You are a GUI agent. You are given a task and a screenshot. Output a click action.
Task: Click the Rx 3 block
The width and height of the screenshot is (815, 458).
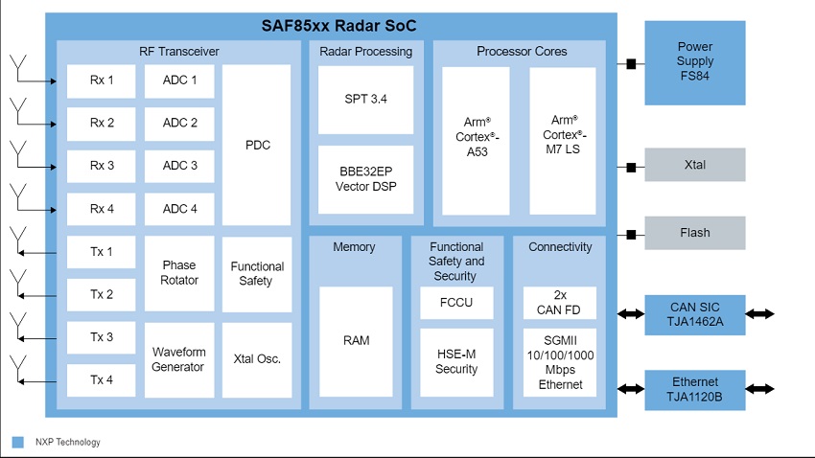coord(102,166)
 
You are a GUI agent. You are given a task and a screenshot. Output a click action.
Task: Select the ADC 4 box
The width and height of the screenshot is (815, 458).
coord(179,209)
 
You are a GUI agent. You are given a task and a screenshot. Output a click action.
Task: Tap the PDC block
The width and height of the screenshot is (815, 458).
coord(257,145)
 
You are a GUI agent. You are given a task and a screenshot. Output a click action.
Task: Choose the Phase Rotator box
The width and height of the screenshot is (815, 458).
coord(179,273)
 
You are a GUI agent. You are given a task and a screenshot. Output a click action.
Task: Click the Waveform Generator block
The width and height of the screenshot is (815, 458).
coord(179,360)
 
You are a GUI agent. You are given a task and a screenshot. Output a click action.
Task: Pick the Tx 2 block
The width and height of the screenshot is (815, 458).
coord(102,294)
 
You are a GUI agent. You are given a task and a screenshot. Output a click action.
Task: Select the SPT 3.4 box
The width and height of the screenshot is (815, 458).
coord(366,100)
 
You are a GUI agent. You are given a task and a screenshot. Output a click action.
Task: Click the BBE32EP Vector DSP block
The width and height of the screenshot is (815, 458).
coord(366,180)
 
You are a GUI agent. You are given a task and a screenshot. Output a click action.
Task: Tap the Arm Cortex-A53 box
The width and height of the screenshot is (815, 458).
coord(477,141)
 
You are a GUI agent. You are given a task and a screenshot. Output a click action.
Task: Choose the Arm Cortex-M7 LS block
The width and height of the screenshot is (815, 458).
coord(563,141)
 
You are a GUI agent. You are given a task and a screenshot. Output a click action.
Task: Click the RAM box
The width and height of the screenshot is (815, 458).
coord(356,342)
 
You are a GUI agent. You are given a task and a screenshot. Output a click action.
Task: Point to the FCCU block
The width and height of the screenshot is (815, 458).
coord(456,303)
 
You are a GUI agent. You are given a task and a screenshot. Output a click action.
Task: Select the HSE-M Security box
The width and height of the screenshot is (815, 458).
coord(456,362)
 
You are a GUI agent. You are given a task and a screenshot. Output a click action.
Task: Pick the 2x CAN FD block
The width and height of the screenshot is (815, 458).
coord(560,303)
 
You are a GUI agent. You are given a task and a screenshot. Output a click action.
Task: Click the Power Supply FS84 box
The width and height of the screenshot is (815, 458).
coord(695,63)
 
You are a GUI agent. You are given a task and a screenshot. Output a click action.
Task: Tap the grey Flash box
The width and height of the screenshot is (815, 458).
coord(695,233)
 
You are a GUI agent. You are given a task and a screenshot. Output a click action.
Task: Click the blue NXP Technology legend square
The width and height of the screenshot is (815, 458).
coord(17,442)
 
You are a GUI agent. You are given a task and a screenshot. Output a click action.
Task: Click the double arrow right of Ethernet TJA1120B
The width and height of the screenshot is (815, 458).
coord(760,389)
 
